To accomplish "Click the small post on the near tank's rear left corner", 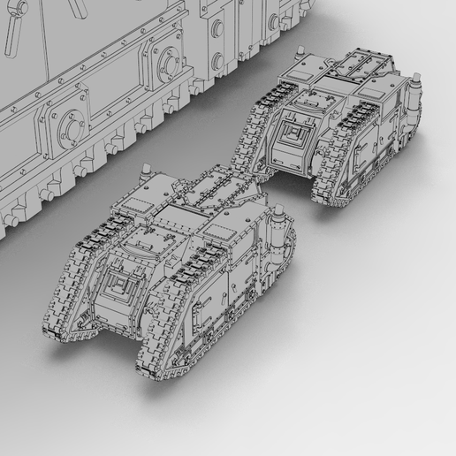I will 141,172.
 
